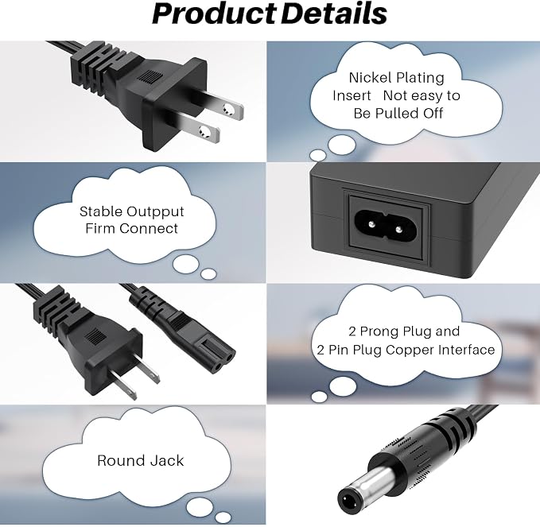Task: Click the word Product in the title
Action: (x=214, y=14)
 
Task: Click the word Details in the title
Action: (x=334, y=14)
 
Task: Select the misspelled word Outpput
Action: (x=155, y=211)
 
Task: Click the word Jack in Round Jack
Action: (x=166, y=460)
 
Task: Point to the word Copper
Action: (x=410, y=350)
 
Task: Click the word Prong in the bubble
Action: (x=379, y=331)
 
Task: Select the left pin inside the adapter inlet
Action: (x=371, y=224)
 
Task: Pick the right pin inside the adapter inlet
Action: (x=398, y=229)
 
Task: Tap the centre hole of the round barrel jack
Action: (x=347, y=502)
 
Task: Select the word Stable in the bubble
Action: (x=101, y=211)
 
